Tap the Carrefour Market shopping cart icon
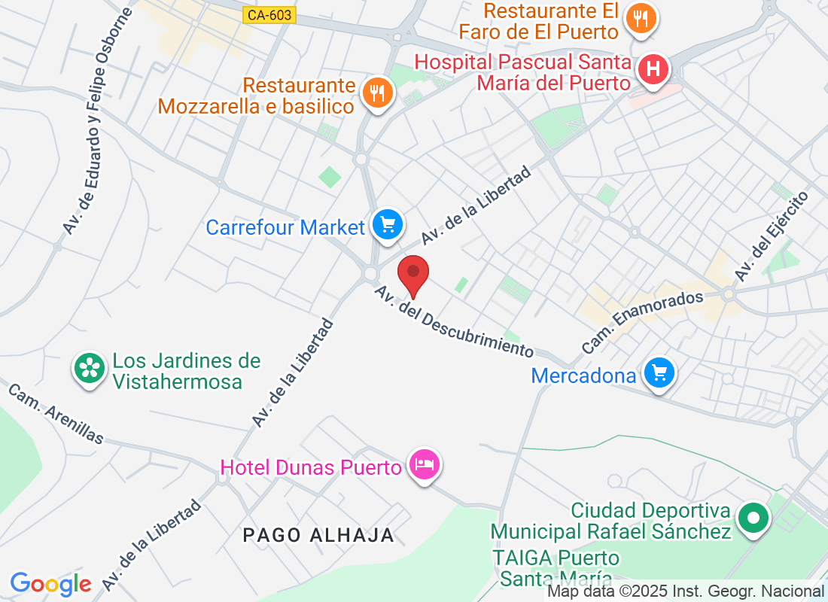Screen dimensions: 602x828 (x=388, y=224)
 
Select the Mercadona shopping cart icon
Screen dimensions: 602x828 (x=660, y=372)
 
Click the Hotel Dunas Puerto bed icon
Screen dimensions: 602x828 (x=425, y=464)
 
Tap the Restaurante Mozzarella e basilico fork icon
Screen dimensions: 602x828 (x=376, y=93)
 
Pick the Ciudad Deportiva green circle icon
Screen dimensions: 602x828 (x=753, y=518)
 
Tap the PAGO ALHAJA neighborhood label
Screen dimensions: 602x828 (x=319, y=535)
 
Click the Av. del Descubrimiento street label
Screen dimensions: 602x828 (x=454, y=321)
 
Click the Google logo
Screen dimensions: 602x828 (x=51, y=584)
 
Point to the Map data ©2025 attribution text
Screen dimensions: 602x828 (x=686, y=591)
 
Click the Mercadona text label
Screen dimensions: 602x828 (x=583, y=375)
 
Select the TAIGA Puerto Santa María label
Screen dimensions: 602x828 (x=556, y=568)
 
